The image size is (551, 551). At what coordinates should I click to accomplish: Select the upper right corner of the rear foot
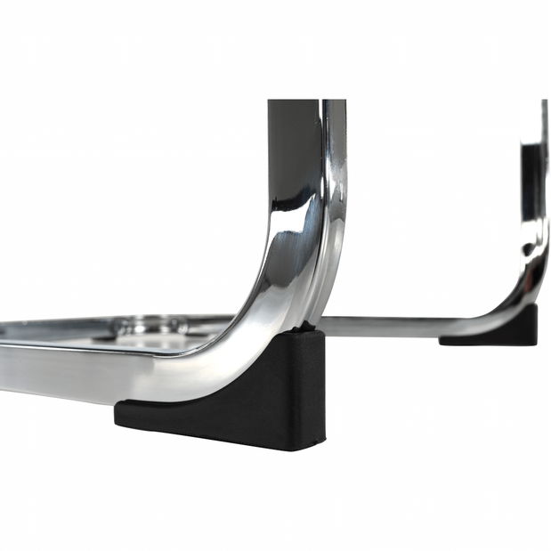536,307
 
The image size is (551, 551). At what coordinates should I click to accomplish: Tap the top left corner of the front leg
270,102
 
